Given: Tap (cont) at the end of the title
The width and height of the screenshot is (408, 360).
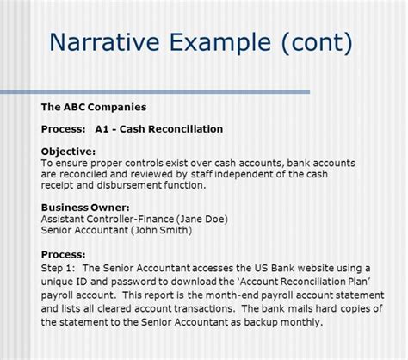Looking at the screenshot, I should click(312, 42).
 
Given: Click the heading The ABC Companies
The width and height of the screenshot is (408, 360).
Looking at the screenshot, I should click(94, 108).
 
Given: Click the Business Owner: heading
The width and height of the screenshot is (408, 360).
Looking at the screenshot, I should click(85, 207).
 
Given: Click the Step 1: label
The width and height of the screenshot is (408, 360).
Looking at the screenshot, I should click(60, 268).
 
